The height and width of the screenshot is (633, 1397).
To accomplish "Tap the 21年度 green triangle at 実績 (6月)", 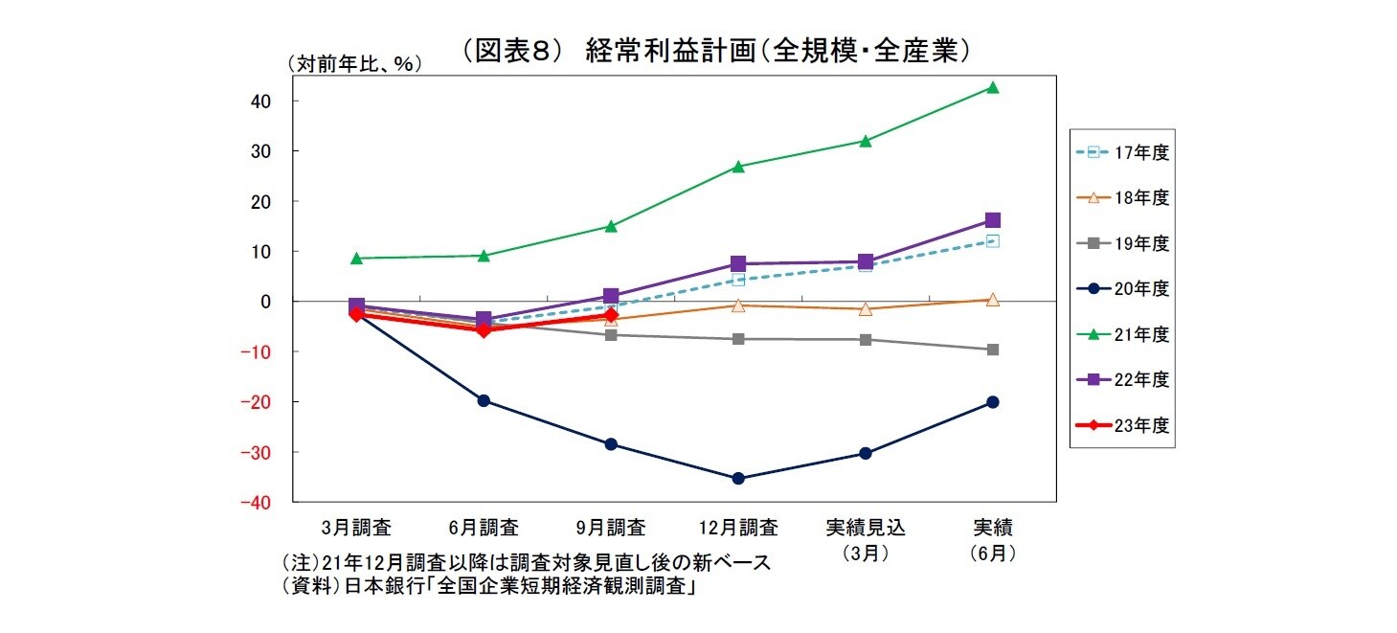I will (992, 87).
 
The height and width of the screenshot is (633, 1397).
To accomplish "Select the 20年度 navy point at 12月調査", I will (738, 478).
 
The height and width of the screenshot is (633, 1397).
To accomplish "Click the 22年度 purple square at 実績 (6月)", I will (992, 220).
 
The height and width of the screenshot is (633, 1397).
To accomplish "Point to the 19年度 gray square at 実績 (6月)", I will (992, 350).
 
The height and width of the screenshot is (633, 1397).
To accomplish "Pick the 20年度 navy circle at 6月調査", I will (484, 400).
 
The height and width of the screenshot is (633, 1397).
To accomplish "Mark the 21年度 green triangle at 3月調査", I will (356, 258).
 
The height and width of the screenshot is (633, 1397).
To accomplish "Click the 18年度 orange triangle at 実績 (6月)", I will (992, 300).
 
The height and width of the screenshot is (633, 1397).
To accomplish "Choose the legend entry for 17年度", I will (1121, 152).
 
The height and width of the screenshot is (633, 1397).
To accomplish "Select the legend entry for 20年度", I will (1121, 288).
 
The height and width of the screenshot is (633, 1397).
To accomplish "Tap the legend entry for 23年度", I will (1121, 425).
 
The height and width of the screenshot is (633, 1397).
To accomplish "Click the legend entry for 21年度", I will (1121, 334).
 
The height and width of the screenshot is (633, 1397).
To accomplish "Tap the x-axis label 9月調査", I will (611, 527).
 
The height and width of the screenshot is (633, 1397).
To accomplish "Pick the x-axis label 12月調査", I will (738, 527).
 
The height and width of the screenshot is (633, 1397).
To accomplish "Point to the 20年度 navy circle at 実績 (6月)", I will (992, 402).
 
